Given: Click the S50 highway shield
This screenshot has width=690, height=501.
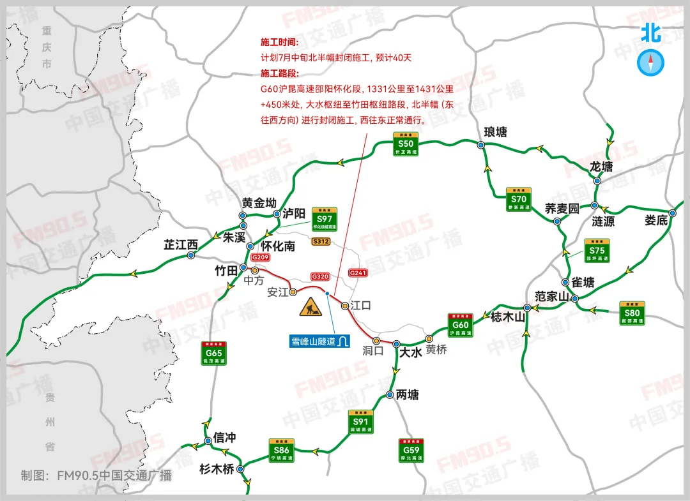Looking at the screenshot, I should coord(405,144).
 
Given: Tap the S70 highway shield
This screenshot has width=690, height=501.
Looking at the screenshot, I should coord(518,199).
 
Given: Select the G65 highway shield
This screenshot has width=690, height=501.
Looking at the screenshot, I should coord(214,353).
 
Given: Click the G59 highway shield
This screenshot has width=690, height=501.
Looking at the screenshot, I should coord(411,450).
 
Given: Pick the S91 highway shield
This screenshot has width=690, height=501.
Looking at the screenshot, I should coord(361,422).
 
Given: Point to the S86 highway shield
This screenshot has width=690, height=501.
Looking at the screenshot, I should coord(282,451).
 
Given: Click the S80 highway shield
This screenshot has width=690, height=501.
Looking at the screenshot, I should coord(632,313).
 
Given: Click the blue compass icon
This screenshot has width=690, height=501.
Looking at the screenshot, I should coord(652,63).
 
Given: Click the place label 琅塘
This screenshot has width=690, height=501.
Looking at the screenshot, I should coord(495,132).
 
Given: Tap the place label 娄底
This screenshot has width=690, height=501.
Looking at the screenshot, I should coord(656,221).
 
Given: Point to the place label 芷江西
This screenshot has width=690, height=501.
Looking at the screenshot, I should coord(181,244).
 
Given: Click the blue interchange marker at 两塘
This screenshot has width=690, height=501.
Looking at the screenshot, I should coord(390,396).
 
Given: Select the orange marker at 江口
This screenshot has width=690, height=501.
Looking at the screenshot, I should coord(345,306).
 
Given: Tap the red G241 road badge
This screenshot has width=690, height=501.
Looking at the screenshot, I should coord(358,273).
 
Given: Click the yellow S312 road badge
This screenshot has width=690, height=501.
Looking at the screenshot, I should coord(321,241).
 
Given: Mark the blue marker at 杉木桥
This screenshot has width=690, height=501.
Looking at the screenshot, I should coord(241,469).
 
